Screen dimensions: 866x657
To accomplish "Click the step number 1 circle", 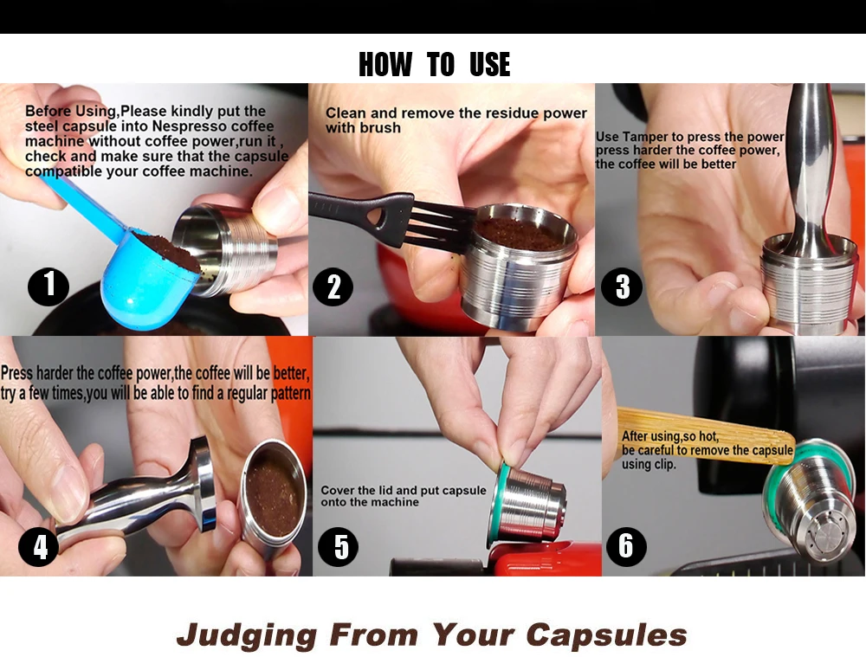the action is pyautogui.click(x=48, y=286).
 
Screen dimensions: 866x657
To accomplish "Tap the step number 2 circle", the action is pyautogui.click(x=333, y=287).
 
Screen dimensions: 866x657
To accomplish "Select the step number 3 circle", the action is pyautogui.click(x=622, y=286).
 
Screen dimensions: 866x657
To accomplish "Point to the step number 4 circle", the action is pyautogui.click(x=39, y=546).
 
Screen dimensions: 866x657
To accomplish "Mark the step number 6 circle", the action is pyautogui.click(x=626, y=546).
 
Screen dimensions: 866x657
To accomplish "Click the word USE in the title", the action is pyautogui.click(x=490, y=65).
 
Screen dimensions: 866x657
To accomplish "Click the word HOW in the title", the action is pyautogui.click(x=385, y=65).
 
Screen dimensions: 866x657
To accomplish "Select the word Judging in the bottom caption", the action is pyautogui.click(x=247, y=634).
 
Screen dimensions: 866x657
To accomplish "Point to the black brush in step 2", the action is pyautogui.click(x=386, y=218).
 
